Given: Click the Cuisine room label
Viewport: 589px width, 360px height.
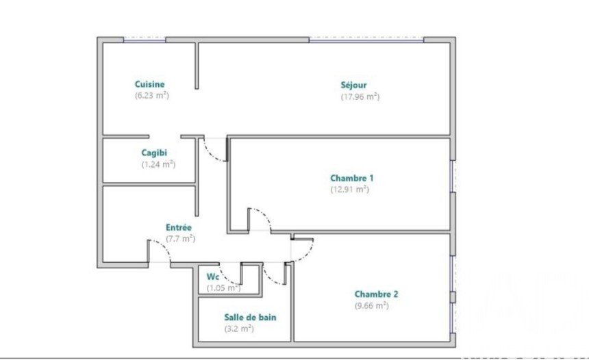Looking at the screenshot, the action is point(149,84).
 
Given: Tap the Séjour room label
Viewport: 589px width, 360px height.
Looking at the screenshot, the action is point(353,85).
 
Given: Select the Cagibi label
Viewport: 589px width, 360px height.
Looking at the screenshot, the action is point(154,153).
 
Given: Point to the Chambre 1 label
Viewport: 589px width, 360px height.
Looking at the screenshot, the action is point(351,178).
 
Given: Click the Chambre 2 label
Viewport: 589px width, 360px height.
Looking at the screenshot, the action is point(376,294).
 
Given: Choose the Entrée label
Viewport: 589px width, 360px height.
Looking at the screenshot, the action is point(179,227).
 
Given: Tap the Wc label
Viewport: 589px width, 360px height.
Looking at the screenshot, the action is point(212,277).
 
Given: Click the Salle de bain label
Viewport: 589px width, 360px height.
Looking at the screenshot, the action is point(250,317).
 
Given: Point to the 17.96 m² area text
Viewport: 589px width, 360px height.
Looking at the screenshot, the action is point(360,97).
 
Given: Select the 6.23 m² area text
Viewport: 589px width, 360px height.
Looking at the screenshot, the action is point(152,95).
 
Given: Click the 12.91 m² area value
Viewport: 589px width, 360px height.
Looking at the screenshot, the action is point(350,189).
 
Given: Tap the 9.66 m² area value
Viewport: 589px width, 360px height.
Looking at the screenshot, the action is point(371,305).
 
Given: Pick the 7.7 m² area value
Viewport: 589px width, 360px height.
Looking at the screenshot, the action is point(180,238).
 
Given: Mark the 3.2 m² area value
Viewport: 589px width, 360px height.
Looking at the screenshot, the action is point(239,329).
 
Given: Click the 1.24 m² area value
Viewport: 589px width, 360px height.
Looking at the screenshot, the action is point(158,164).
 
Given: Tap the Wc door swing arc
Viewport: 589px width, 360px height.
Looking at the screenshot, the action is point(227,278).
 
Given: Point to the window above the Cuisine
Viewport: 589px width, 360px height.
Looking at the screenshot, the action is point(145,40).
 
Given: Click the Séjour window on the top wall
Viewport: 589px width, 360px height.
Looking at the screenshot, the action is point(366,40).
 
